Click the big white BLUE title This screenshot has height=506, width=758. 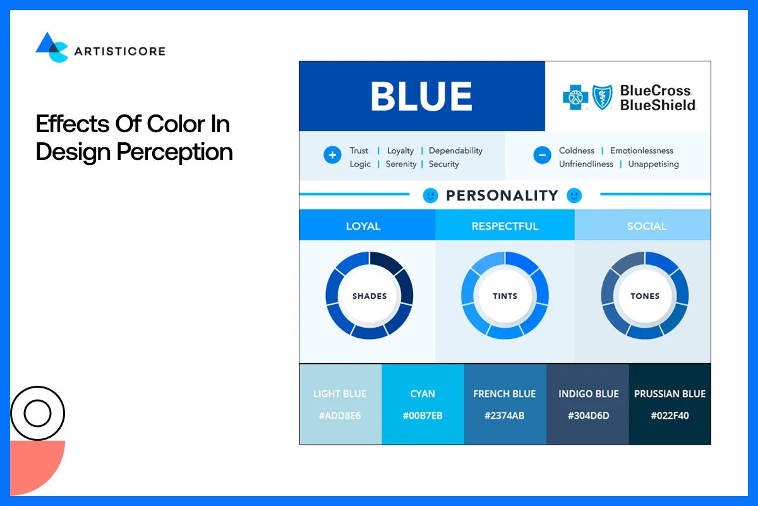421,96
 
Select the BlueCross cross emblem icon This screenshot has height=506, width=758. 575,97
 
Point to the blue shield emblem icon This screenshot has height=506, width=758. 602,97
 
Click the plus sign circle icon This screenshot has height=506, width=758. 332,155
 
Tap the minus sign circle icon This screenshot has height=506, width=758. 542,155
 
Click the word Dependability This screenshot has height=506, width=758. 455,151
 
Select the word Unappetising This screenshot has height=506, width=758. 653,164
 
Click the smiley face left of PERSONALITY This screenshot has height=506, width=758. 430,195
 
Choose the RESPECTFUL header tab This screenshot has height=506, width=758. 505,226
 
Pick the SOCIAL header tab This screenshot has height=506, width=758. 647,226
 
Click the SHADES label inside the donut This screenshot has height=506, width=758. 370,295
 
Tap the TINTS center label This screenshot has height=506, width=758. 505,295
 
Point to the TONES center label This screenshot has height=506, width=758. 645,295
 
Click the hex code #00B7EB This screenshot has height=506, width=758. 423,416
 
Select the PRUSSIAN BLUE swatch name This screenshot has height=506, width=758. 670,393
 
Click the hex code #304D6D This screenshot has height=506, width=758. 588,416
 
